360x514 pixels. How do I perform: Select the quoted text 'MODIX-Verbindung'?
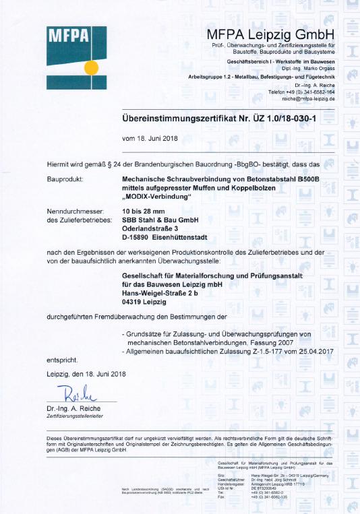pos(157,196)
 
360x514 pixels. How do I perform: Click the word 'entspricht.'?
pos(63,360)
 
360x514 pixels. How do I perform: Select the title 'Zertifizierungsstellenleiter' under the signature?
pos(78,417)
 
